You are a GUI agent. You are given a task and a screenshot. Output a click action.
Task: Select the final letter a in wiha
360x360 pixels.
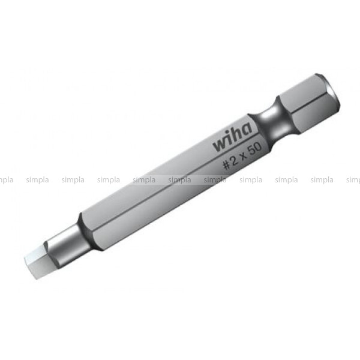tap(247, 129)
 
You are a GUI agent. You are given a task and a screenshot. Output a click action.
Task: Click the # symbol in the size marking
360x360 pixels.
tap(227, 165)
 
